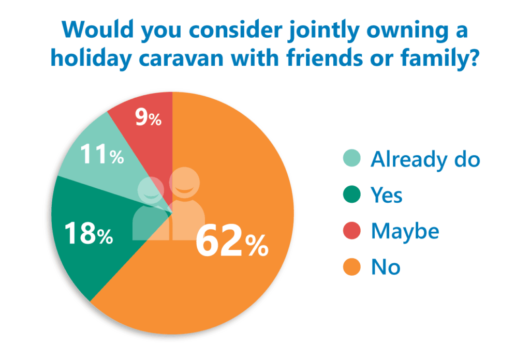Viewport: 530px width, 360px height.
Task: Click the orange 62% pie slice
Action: point(233,290)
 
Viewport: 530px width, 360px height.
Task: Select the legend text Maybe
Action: point(405,231)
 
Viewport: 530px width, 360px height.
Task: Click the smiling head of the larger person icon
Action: point(183,184)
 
